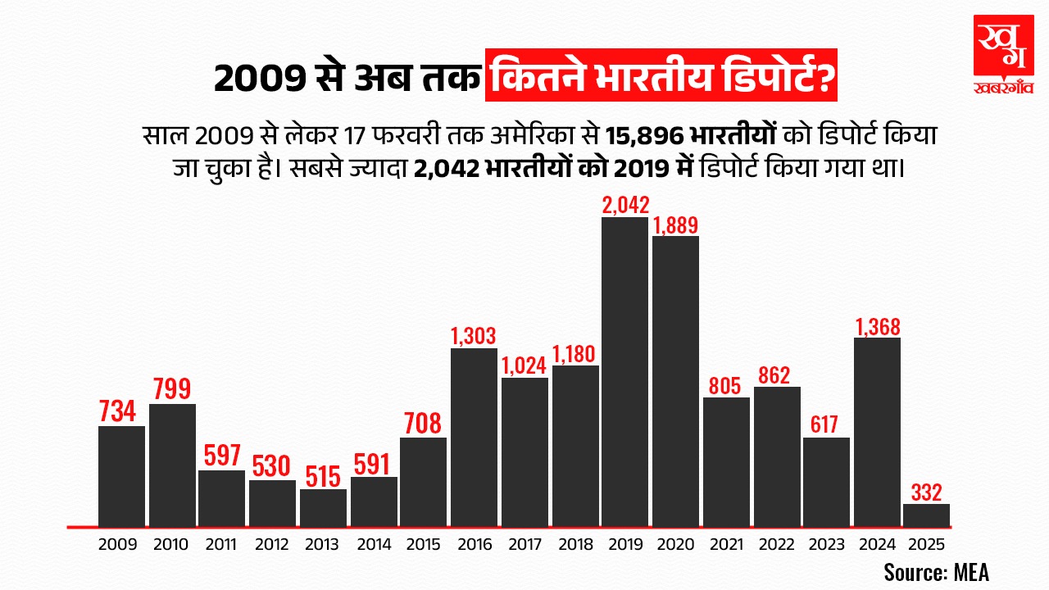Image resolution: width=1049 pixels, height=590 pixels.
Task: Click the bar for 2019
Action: point(624,372)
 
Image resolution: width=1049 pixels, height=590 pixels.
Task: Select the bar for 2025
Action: point(926,515)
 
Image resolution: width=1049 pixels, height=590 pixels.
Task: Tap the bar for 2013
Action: point(323,508)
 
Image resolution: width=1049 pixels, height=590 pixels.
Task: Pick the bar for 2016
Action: point(474,438)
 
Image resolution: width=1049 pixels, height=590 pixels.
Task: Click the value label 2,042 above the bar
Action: point(625,204)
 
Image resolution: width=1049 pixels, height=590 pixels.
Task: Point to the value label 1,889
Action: point(675,224)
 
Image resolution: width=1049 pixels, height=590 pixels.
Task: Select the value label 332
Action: point(926,492)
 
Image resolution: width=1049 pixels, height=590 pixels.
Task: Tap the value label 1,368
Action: point(877,325)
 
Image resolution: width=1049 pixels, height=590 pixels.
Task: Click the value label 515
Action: point(323,476)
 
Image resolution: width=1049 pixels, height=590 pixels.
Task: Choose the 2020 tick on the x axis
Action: point(675,544)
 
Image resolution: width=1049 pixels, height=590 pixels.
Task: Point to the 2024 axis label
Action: point(877,544)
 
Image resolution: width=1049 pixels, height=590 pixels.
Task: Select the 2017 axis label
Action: point(524,544)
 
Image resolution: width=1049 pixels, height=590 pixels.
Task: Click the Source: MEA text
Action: point(936,571)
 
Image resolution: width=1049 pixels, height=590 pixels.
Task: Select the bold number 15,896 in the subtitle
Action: point(645,134)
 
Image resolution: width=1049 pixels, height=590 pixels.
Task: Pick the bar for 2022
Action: point(777,456)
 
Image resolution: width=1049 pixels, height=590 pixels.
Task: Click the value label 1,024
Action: point(524,365)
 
